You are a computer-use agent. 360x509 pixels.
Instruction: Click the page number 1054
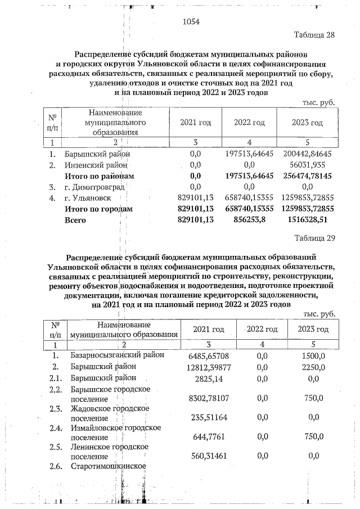pos(192,22)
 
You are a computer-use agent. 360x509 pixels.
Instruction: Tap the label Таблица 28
pos(314,35)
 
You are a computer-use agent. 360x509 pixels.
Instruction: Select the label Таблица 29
pos(314,237)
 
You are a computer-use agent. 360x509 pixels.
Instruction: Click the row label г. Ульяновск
pos(88,198)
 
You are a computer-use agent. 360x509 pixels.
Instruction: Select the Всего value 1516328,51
pos(313,220)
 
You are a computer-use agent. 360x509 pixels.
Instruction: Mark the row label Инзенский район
pos(97,165)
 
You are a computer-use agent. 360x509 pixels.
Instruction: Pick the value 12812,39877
pos(207,367)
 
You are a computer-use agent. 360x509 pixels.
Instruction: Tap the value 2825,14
pos(209,379)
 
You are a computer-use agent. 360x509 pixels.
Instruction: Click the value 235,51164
pos(209,417)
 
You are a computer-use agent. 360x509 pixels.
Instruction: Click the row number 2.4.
pos(55,428)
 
